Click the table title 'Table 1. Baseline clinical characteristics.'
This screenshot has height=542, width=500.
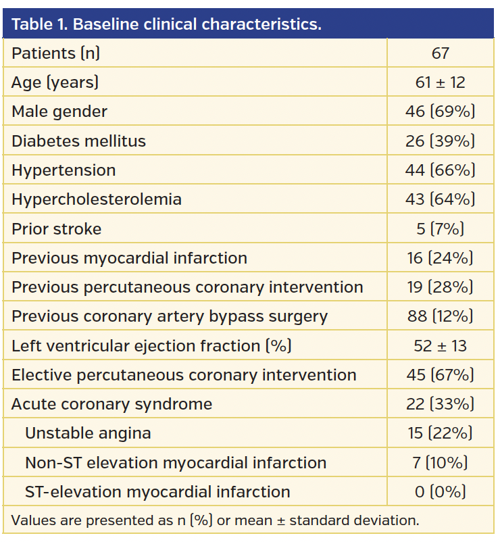[166, 25]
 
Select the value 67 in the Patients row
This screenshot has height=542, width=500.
[440, 53]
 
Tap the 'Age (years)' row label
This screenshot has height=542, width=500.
[55, 82]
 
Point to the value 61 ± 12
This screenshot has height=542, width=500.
[440, 82]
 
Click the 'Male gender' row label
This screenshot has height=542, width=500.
[59, 112]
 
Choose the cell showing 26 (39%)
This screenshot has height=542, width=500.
[440, 141]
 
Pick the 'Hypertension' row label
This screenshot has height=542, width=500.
[64, 170]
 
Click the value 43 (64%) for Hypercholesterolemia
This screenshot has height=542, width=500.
[440, 199]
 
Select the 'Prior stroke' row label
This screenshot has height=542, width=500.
[56, 229]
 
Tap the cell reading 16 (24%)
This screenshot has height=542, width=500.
[440, 258]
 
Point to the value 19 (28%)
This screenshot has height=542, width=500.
[440, 287]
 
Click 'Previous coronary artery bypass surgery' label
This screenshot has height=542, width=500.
[170, 316]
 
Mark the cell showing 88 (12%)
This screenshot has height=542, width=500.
[440, 316]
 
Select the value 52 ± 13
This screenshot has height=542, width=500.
[440, 346]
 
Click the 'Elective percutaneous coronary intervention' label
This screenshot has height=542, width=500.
[184, 375]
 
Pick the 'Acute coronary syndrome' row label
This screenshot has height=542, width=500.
[111, 404]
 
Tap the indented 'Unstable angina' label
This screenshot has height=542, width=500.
[88, 433]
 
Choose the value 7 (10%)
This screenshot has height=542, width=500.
[440, 463]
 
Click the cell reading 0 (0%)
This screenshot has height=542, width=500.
[440, 492]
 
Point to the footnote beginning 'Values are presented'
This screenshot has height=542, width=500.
[216, 521]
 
